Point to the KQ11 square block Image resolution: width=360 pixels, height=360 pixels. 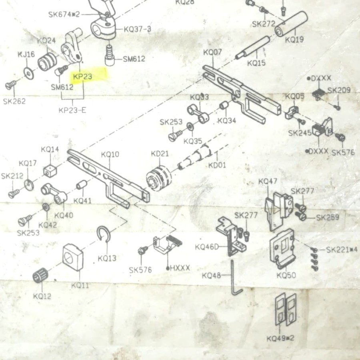pyautogui.click(x=74, y=258)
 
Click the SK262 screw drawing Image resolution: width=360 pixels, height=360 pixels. pyautogui.click(x=11, y=84)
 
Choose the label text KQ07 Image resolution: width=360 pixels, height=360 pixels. pyautogui.click(x=212, y=52)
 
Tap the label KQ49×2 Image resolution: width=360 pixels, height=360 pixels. pyautogui.click(x=280, y=338)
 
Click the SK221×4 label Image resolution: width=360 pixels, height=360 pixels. pyautogui.click(x=342, y=250)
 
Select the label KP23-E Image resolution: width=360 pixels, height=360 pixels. pyautogui.click(x=72, y=110)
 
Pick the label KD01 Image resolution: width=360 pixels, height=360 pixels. pyautogui.click(x=217, y=164)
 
